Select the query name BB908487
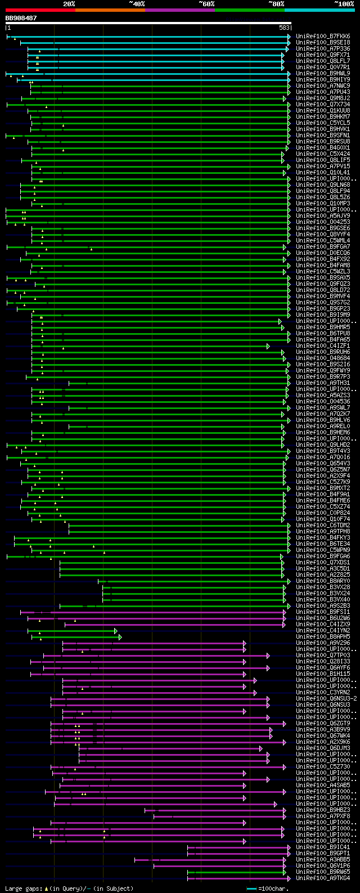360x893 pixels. coord(21,18)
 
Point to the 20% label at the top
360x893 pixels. coord(69,4)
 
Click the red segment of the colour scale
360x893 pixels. coord(40,10)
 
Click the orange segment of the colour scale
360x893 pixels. coord(110,10)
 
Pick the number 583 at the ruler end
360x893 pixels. coord(283,28)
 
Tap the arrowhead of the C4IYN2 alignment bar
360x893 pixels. coord(116,631)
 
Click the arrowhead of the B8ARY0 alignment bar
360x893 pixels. coord(289,581)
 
